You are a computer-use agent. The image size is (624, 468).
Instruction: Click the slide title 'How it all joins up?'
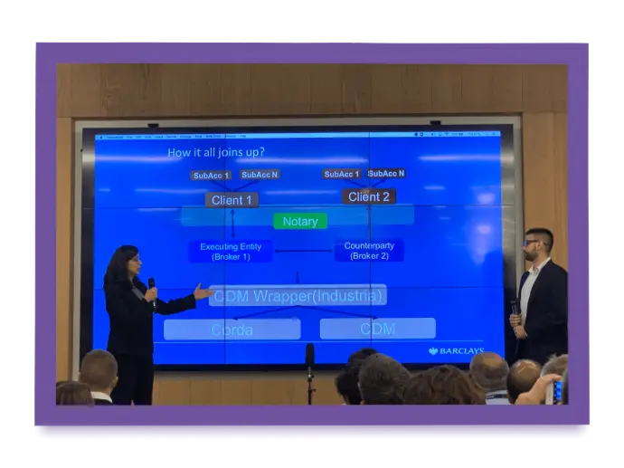[216, 152]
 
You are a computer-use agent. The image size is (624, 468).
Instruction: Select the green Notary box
[300, 221]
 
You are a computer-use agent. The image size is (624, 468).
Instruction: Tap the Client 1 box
[232, 199]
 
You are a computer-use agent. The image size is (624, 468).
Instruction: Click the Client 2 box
[369, 196]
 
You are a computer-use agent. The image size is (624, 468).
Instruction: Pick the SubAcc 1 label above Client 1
[211, 176]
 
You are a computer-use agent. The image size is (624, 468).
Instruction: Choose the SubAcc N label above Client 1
[260, 175]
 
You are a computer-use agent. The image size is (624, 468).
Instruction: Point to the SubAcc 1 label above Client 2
[342, 174]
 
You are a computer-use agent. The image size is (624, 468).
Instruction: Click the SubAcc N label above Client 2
[386, 173]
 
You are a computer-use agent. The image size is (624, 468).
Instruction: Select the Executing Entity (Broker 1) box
[230, 251]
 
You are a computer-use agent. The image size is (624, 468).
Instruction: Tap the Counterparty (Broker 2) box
[369, 250]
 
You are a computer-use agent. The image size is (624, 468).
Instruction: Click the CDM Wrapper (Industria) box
[298, 295]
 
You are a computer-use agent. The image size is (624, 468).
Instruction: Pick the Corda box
[232, 329]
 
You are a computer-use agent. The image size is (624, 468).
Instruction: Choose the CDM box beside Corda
[377, 328]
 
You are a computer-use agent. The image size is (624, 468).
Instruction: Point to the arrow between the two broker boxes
[303, 251]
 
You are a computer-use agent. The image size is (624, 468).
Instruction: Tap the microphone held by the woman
[151, 286]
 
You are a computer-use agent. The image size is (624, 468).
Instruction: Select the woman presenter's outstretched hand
[202, 291]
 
